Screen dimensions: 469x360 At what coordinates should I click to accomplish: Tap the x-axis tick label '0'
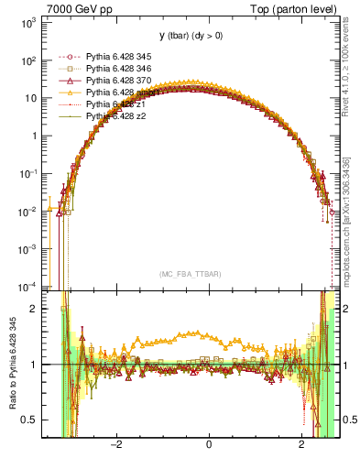coord(210,445)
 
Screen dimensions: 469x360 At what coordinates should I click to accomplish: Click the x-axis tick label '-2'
coord(115,445)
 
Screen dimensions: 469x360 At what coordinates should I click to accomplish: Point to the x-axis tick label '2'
coord(303,445)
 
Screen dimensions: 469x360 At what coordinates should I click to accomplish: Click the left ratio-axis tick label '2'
coord(37,309)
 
